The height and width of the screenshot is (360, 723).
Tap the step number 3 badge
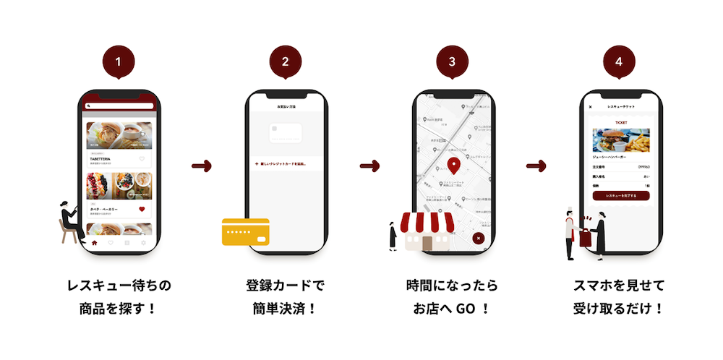pyautogui.click(x=452, y=61)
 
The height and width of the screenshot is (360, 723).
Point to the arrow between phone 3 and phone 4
pyautogui.click(x=536, y=167)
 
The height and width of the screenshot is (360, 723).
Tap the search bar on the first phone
pyautogui.click(x=120, y=106)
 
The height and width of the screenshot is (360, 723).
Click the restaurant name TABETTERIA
pyautogui.click(x=101, y=158)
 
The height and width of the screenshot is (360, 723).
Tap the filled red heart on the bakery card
pyautogui.click(x=142, y=209)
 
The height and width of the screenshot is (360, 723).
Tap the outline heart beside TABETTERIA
pyautogui.click(x=142, y=159)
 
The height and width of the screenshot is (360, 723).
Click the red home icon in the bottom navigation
pyautogui.click(x=94, y=244)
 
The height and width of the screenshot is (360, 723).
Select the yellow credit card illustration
pyautogui.click(x=245, y=232)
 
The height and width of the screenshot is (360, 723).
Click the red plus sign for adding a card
pyautogui.click(x=256, y=164)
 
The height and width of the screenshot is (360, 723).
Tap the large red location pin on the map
pyautogui.click(x=453, y=165)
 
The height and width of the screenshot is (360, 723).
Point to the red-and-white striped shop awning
pyautogui.click(x=428, y=223)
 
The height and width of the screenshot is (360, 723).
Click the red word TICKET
pyautogui.click(x=621, y=123)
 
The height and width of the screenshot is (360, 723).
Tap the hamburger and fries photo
pyautogui.click(x=621, y=140)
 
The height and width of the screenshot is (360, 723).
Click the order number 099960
pyautogui.click(x=643, y=166)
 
